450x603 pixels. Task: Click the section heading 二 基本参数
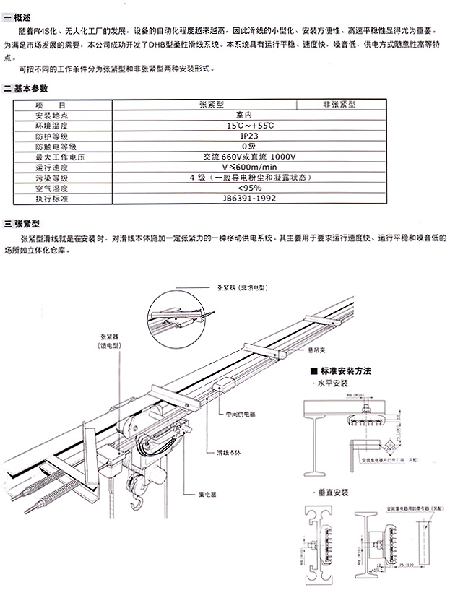coord(27,88)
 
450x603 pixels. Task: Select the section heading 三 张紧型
coord(23,224)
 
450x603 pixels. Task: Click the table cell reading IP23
coord(245,135)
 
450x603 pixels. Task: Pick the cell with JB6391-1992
coord(245,198)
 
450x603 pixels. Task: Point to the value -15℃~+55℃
coord(245,125)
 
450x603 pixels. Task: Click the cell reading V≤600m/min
coord(245,167)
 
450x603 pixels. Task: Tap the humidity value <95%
coord(245,188)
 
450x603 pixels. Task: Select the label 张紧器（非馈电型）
coord(242,287)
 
